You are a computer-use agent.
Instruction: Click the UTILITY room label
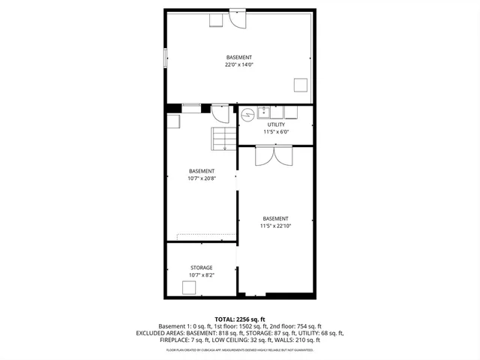[276, 124]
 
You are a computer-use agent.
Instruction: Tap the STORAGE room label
[201, 268]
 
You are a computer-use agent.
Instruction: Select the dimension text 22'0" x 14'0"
[239, 65]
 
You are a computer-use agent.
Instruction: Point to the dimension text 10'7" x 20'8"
[201, 178]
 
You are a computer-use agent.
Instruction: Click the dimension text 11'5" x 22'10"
[275, 226]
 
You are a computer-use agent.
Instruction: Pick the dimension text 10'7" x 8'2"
[201, 275]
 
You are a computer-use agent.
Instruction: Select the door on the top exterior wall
[237, 16]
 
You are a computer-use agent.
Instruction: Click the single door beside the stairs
[220, 113]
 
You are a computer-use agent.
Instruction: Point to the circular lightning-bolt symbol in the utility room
[247, 115]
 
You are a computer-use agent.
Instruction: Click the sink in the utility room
[264, 112]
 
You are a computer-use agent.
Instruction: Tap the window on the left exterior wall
[164, 59]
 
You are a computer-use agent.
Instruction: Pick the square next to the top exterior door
[216, 19]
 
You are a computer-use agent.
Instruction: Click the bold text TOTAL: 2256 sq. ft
[239, 319]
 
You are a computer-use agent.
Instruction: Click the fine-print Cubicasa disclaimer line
[239, 349]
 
